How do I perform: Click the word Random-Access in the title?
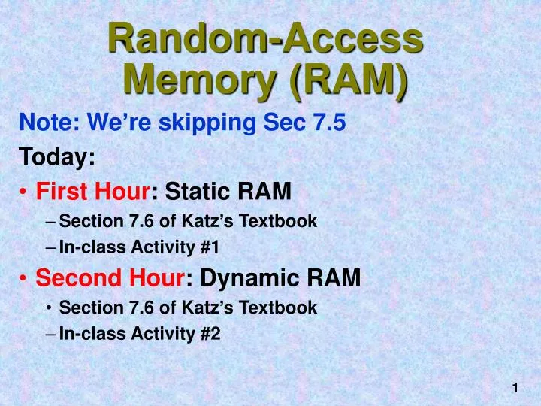point(265,38)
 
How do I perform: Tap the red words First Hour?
point(92,192)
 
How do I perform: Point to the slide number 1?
point(515,388)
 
